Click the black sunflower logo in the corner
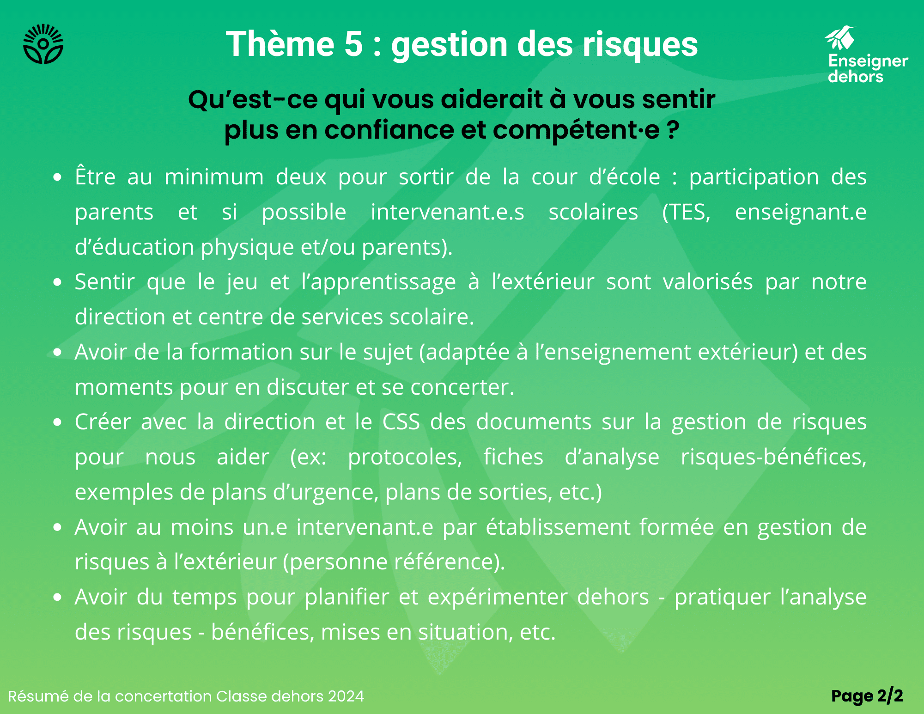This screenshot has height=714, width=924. [x=43, y=44]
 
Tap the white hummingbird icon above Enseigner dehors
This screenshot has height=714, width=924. [x=839, y=38]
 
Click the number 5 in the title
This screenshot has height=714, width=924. [x=354, y=44]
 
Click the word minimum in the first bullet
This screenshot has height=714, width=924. [x=214, y=177]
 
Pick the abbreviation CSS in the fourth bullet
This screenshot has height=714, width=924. [x=401, y=421]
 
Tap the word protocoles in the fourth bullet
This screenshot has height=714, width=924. [x=405, y=457]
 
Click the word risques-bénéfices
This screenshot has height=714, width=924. [x=774, y=457]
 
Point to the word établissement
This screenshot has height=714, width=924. [x=558, y=527]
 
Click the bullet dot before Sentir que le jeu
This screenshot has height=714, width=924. [x=57, y=282]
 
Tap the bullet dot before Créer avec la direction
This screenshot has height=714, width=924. [x=57, y=422]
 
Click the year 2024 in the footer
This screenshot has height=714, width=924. [x=346, y=696]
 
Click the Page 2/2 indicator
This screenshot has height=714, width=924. [x=867, y=696]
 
